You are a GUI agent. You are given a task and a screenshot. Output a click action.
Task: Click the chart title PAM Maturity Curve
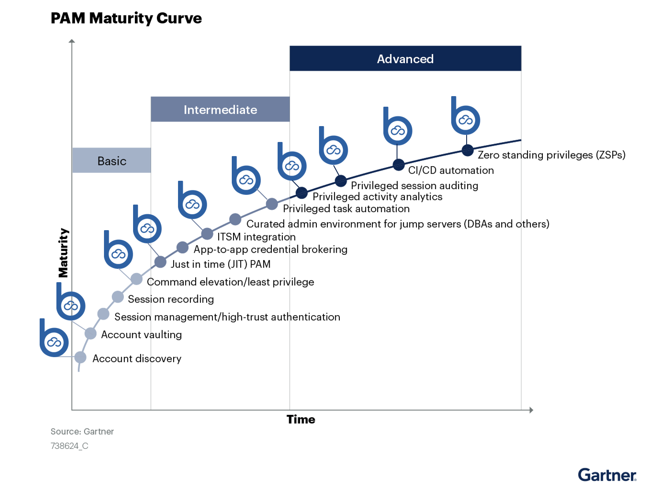click(126, 18)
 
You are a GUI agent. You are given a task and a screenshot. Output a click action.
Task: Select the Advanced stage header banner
click(405, 59)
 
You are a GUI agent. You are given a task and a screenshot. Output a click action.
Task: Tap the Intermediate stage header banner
click(220, 109)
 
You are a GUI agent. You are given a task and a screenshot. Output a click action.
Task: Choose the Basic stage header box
click(111, 160)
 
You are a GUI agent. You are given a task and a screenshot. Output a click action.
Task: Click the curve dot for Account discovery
click(81, 357)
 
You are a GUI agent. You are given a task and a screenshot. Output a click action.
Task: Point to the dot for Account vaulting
click(91, 333)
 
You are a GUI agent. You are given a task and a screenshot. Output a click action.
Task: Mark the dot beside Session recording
click(118, 297)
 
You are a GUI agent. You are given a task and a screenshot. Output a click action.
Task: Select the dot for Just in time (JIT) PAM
click(160, 262)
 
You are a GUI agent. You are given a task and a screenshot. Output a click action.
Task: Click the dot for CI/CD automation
click(399, 165)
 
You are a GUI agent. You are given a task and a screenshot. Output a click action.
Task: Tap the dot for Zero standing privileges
click(468, 150)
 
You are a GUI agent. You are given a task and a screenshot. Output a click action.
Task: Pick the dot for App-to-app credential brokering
click(182, 247)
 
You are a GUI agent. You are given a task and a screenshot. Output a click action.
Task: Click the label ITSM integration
click(256, 237)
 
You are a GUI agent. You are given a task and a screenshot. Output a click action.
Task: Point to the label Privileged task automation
click(346, 209)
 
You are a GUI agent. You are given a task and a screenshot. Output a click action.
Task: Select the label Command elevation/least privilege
click(230, 282)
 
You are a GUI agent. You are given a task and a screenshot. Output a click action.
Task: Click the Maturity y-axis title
click(63, 253)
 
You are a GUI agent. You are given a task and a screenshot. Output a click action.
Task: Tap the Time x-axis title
click(301, 419)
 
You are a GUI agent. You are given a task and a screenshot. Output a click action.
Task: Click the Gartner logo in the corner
click(607, 474)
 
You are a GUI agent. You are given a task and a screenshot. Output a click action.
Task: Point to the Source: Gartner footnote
click(82, 432)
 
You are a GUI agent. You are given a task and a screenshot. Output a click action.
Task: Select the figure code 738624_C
click(70, 446)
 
